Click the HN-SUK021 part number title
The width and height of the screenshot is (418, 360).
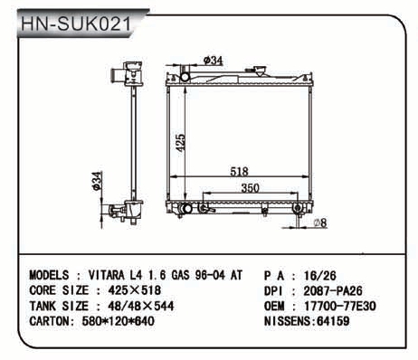click(76, 24)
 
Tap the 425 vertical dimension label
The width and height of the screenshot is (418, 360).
click(180, 143)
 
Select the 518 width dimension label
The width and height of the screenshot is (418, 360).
click(239, 171)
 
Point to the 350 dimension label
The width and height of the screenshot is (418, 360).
click(250, 188)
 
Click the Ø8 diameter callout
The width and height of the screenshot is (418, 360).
click(320, 223)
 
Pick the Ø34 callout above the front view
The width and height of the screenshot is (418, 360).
click(214, 61)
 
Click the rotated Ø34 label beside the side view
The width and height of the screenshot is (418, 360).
click(97, 181)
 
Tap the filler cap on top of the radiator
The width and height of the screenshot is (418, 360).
click(260, 71)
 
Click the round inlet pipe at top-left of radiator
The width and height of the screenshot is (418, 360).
click(185, 77)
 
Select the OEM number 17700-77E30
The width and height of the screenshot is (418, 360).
click(340, 307)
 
